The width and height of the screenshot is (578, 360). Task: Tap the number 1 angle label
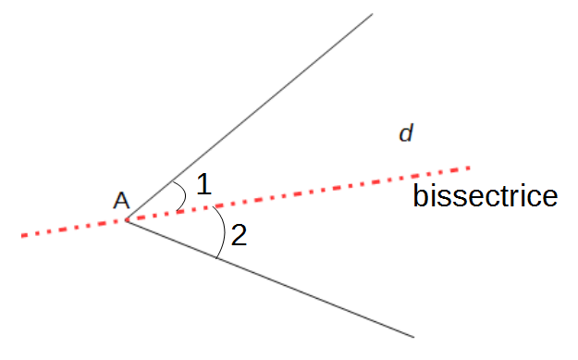tap(204, 184)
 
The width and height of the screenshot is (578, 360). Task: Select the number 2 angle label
tap(239, 236)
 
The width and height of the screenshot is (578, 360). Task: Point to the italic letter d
tap(405, 134)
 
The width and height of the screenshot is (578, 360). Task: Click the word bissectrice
tap(485, 196)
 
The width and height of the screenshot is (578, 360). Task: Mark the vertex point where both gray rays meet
tap(127, 221)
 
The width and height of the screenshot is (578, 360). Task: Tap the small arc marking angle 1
tap(183, 195)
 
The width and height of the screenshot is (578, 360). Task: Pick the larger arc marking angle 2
tap(223, 231)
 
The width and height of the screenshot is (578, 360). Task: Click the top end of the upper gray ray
tap(372, 14)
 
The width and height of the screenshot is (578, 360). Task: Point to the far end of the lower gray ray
tap(413, 335)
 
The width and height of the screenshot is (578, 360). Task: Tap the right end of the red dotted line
tap(470, 168)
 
